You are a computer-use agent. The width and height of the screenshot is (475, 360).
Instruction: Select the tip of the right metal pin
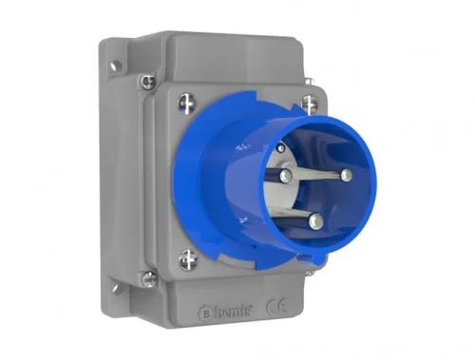(x=346, y=175)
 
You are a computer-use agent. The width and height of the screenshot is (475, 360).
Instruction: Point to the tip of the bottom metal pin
(x=315, y=221)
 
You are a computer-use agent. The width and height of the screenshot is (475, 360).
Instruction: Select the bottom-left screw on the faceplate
(x=187, y=258)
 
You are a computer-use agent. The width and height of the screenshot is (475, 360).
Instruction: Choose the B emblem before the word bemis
(x=206, y=311)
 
